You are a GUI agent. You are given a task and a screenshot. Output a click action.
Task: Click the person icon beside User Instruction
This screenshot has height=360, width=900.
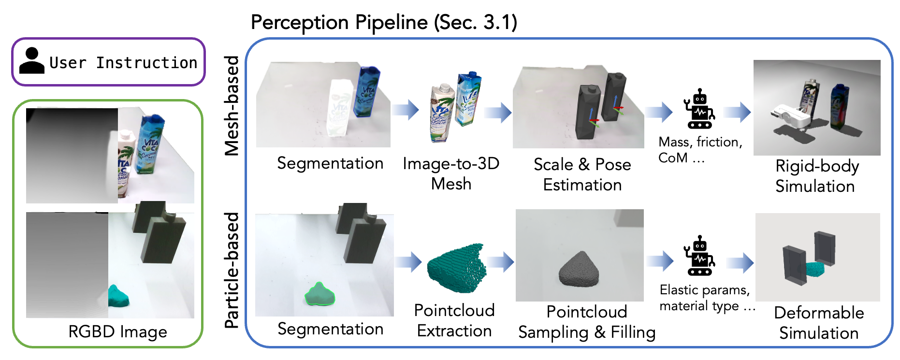point(32,61)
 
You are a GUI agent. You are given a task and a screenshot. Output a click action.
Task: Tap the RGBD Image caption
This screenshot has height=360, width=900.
point(117,332)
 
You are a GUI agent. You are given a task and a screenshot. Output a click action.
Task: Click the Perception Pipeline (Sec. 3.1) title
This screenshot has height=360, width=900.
point(384,22)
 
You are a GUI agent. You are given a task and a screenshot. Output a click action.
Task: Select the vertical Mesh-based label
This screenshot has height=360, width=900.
point(232,105)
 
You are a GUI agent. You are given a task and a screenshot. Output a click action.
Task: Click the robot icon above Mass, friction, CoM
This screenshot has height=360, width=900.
point(699,109)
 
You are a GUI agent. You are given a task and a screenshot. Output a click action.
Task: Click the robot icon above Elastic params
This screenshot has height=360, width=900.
point(699,256)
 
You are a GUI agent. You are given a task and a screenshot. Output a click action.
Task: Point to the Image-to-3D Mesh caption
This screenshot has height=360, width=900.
point(451,173)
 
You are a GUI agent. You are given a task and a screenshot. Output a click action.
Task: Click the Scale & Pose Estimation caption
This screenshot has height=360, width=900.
point(582,174)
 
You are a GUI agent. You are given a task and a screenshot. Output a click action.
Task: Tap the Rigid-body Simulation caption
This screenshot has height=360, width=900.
point(816,176)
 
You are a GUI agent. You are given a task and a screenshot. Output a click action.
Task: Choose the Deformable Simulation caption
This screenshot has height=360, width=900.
point(819,322)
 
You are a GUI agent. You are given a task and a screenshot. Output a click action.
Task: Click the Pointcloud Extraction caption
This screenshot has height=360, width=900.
point(454,320)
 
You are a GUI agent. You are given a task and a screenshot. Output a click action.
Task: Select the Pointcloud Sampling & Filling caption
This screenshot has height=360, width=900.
point(586,322)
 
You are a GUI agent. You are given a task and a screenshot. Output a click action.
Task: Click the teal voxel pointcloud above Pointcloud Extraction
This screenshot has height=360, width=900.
point(457,268)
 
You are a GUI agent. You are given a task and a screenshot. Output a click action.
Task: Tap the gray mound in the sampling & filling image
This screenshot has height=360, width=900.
point(580,270)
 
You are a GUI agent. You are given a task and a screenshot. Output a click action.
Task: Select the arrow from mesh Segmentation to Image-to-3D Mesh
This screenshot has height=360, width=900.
point(405,110)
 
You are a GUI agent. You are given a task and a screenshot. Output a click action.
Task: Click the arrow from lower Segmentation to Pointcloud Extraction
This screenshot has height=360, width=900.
point(408,262)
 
